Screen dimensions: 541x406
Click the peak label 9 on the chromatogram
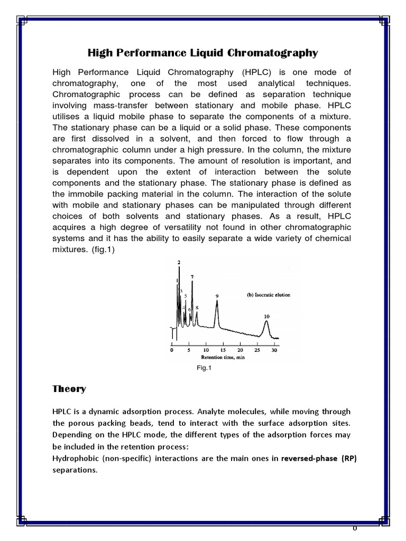tap(217, 296)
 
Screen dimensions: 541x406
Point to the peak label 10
tap(266, 316)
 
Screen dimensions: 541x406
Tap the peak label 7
tap(192, 277)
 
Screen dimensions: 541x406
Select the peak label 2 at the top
tap(179, 263)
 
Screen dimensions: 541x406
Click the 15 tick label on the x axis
tap(223, 350)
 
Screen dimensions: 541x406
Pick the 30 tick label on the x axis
tap(274, 350)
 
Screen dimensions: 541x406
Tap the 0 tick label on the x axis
tap(171, 350)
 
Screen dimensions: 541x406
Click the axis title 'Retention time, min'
tap(223, 357)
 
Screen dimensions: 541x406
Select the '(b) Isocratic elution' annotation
tap(269, 295)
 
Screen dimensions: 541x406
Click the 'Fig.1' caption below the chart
tap(204, 369)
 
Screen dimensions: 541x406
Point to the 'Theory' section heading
tap(69, 389)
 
